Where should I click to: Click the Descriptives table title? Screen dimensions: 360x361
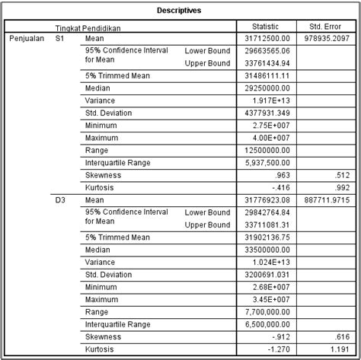click(180, 11)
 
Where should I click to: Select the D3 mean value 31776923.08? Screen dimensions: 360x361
click(270, 201)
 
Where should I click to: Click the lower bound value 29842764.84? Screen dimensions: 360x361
click(270, 213)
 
